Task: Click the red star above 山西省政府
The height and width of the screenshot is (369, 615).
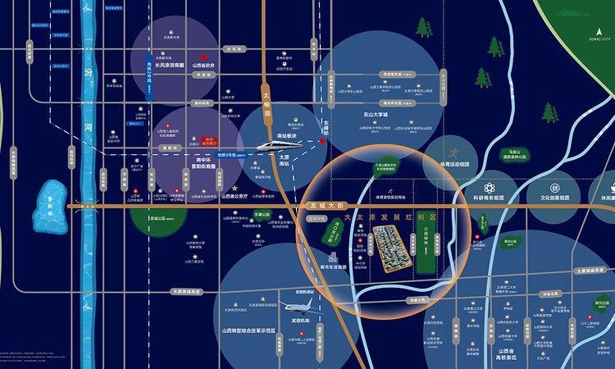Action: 203,57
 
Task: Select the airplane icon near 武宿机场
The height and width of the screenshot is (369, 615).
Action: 301,309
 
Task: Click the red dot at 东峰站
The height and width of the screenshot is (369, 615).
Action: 322,141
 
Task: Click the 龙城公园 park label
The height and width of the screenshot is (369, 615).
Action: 159,219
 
